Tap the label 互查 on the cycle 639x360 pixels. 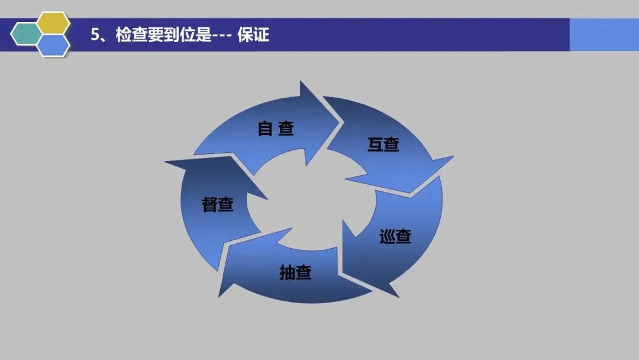click(x=383, y=144)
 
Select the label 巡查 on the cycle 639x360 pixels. click(x=395, y=237)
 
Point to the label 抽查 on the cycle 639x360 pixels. click(x=295, y=272)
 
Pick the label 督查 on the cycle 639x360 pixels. click(x=218, y=204)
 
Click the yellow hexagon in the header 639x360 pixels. click(x=53, y=23)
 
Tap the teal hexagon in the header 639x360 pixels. click(x=27, y=34)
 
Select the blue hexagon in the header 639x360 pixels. click(x=53, y=45)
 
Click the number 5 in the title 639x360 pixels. click(x=95, y=35)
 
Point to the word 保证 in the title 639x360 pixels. click(x=253, y=35)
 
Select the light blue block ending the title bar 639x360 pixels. click(x=603, y=35)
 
